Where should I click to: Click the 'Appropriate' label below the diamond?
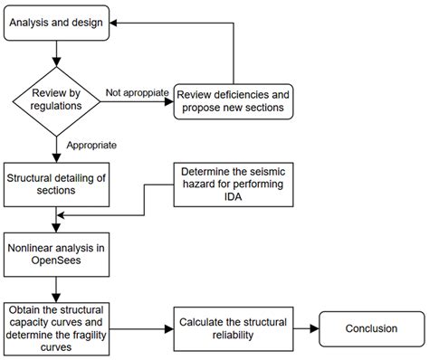[90, 144]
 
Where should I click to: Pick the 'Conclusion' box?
[371, 328]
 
